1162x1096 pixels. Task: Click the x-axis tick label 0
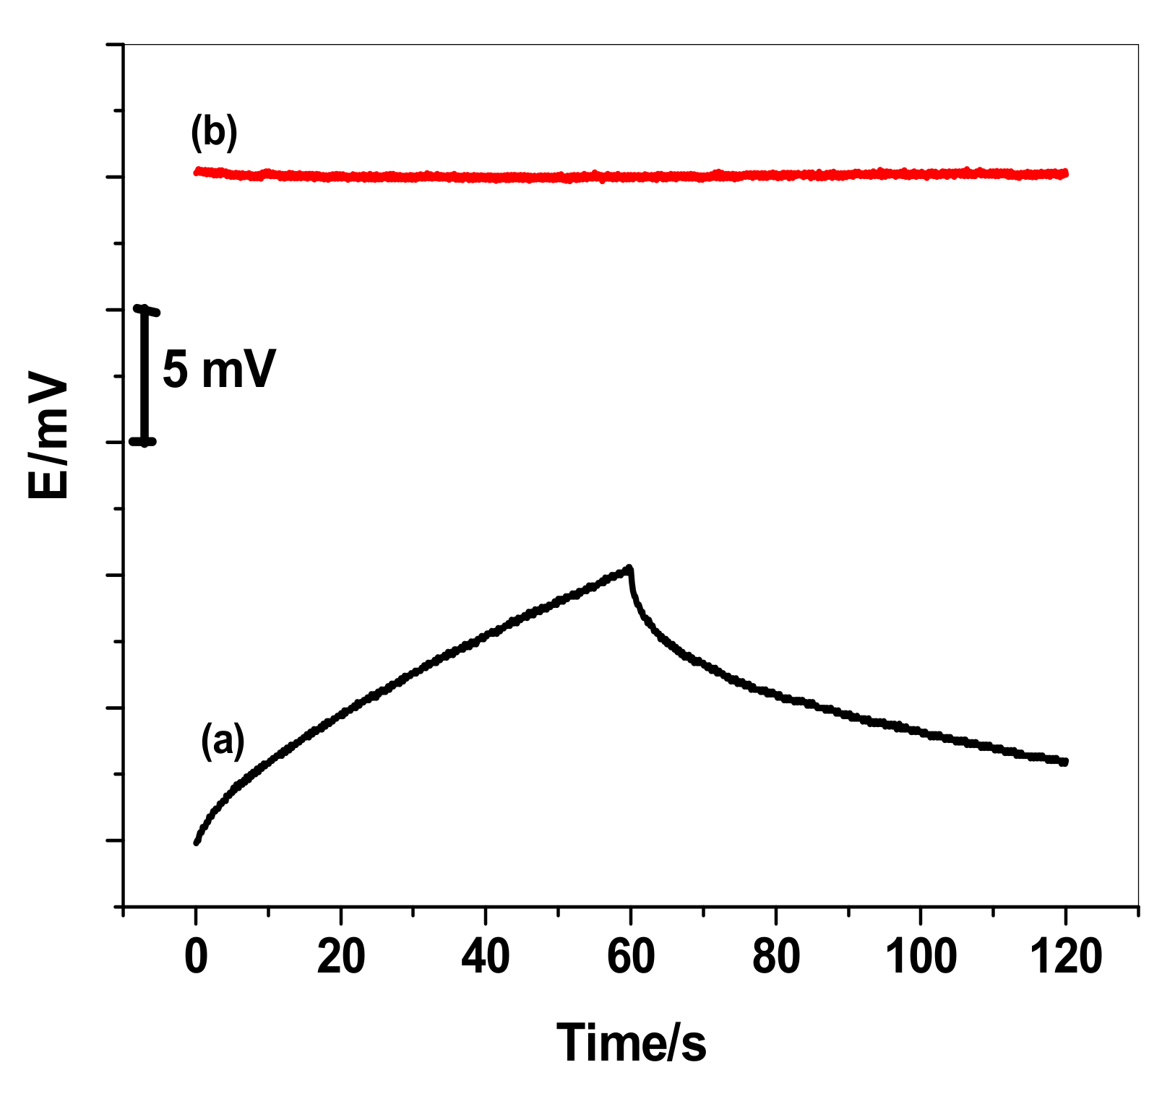196,957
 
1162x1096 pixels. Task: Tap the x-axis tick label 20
341,957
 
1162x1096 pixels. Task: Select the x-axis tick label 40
486,957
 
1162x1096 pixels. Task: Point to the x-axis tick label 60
631,957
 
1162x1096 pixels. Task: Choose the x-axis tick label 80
776,957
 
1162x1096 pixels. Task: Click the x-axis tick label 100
921,957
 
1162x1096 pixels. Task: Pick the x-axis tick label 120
1066,957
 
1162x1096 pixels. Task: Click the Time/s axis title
631,1043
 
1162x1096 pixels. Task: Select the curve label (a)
223,741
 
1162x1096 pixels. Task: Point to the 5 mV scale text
219,370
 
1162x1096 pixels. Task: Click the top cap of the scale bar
145,310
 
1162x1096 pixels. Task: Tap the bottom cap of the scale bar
144,441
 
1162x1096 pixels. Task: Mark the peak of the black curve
629,568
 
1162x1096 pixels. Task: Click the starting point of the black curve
197,842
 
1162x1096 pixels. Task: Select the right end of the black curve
1064,762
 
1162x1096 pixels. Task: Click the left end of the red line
197,171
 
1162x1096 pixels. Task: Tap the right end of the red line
1066,173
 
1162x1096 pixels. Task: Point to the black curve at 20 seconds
341,713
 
